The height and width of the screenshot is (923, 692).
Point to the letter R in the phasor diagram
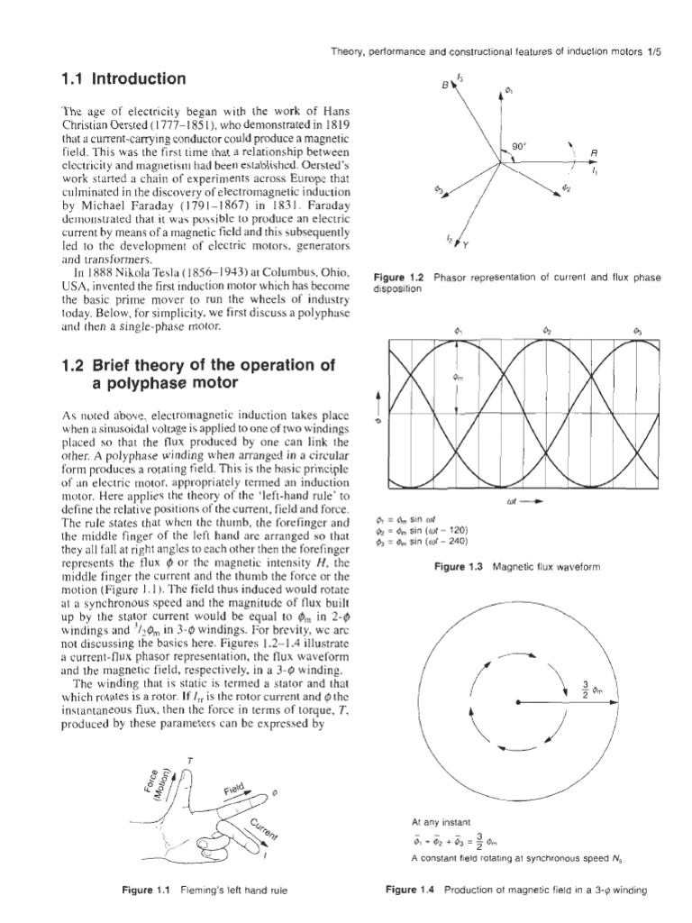[594, 153]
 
